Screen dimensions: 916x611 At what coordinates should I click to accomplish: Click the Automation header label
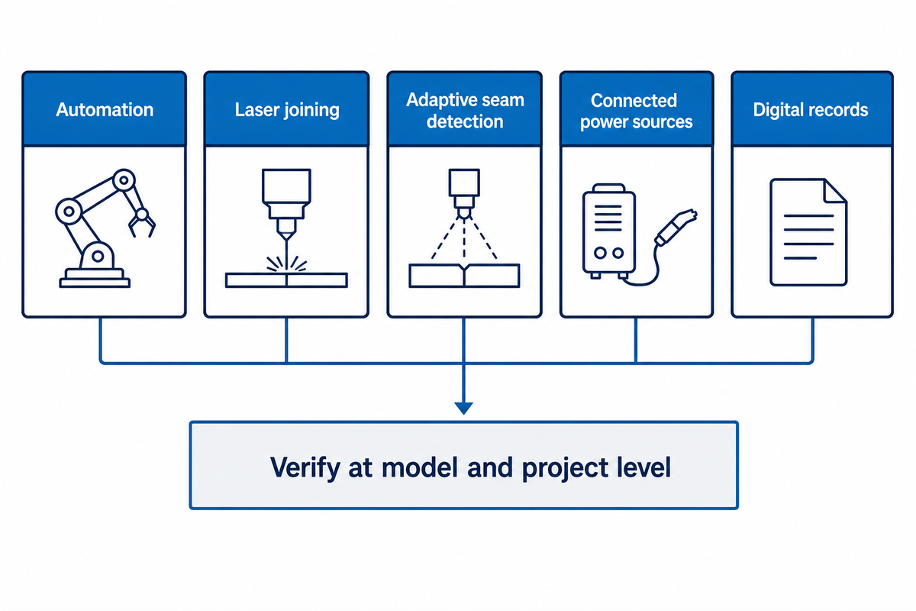tap(105, 110)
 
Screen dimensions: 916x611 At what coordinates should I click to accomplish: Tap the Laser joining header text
tap(287, 110)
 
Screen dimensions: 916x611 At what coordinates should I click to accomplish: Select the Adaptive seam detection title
tap(465, 111)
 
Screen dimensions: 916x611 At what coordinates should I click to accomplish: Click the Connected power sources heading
tap(637, 111)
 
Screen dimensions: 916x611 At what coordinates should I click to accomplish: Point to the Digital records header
tap(811, 110)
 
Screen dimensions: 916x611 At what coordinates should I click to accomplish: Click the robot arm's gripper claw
tap(142, 226)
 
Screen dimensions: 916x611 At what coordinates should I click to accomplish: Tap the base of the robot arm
tap(95, 278)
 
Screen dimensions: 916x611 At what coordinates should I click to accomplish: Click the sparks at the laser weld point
tap(287, 263)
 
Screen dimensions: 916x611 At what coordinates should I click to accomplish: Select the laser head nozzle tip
tap(287, 236)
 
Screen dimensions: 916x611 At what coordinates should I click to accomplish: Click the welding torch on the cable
tap(676, 227)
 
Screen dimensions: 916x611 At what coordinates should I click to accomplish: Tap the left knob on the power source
tap(600, 253)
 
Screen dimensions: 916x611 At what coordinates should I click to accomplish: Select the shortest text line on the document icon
tap(800, 258)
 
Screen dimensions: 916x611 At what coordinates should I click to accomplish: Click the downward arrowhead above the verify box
tap(464, 409)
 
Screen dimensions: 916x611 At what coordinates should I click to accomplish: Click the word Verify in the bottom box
tap(305, 467)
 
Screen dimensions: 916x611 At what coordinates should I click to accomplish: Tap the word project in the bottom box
tap(566, 468)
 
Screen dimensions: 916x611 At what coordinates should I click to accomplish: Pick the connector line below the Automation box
tap(101, 341)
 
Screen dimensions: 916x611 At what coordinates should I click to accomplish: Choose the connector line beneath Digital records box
tap(812, 341)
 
